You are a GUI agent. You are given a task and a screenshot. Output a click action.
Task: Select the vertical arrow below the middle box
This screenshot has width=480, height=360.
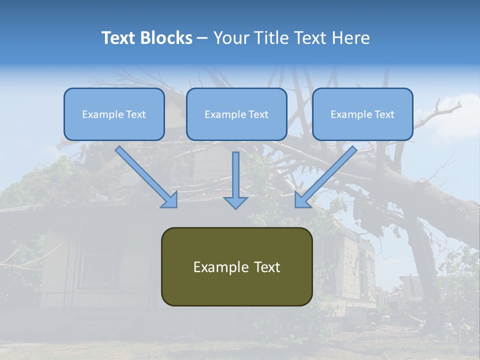pos(235,180)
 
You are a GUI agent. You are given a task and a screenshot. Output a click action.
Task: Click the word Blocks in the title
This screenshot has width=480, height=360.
pos(167,38)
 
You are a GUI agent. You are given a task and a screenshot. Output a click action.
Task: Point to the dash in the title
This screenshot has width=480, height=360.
pos(202,38)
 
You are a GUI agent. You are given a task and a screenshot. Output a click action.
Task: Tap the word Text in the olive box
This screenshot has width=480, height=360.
pos(267,267)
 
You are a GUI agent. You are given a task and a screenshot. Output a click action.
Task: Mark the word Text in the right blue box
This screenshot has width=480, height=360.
pos(384,114)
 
